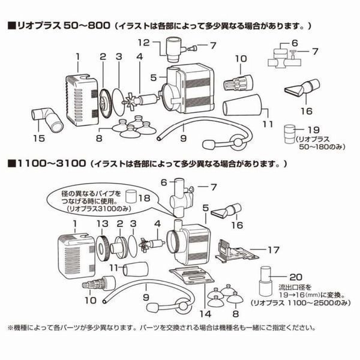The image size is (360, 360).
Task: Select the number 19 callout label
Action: (312, 130)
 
